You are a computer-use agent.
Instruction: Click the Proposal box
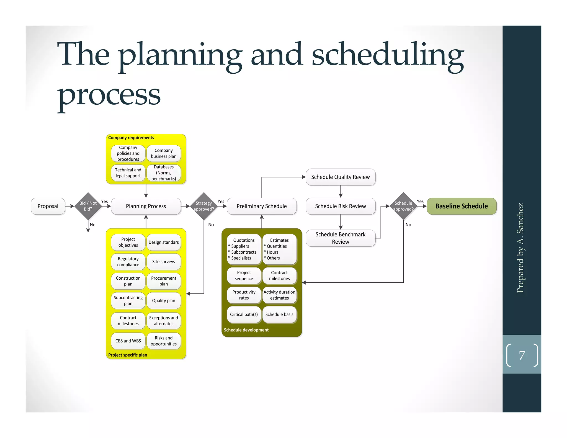tap(48, 206)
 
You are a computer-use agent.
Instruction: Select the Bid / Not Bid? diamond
tap(88, 206)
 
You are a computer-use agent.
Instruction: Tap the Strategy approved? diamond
tap(204, 206)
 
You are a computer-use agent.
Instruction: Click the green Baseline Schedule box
tap(462, 206)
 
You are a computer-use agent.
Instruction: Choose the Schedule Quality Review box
tap(340, 177)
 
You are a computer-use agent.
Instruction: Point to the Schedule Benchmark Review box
tap(340, 238)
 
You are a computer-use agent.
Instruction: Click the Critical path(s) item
tap(244, 314)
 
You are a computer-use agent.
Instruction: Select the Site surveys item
tap(164, 261)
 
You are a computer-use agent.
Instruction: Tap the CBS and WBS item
tap(128, 341)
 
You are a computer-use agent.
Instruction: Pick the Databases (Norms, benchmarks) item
tap(164, 173)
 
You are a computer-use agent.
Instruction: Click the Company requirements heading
tap(131, 138)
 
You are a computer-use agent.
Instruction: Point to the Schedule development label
tap(246, 330)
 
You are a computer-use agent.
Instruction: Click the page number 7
tap(522, 355)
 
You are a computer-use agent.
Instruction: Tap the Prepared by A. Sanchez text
tap(520, 248)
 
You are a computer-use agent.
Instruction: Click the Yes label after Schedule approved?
tap(420, 201)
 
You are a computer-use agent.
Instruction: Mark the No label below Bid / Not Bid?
tap(92, 225)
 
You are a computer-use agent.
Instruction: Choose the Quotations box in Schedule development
tap(244, 249)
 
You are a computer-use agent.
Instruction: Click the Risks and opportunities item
tap(164, 341)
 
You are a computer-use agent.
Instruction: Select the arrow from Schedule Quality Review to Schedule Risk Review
tap(341, 192)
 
